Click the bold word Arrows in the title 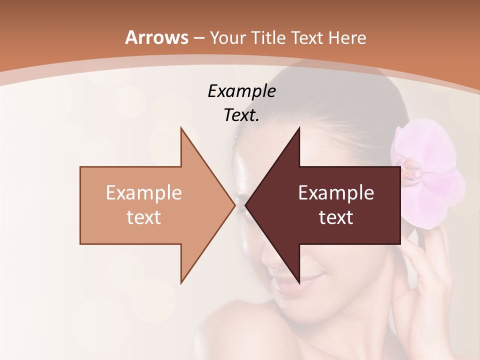157,37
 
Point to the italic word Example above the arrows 241,91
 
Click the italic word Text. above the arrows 241,115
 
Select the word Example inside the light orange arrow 144,193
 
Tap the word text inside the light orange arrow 144,217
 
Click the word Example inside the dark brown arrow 336,193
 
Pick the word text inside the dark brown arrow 336,217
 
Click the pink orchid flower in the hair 427,172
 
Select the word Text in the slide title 307,37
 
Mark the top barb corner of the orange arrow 181,128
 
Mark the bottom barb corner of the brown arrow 299,282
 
